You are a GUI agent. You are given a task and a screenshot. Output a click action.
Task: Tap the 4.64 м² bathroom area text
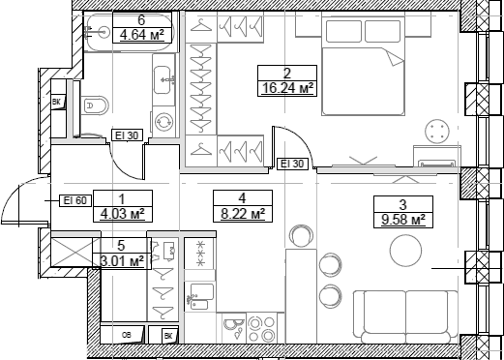point(142,37)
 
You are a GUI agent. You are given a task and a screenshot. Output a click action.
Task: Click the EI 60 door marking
point(75,200)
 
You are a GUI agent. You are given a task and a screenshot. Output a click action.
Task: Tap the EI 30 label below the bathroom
point(128,135)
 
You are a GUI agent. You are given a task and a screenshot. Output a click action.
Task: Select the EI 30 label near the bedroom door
point(292,164)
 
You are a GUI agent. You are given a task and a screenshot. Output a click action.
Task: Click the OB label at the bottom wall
point(128,335)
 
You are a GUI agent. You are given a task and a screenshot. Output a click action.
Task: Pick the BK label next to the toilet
point(56,101)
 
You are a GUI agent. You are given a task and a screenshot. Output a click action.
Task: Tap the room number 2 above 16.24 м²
point(286,72)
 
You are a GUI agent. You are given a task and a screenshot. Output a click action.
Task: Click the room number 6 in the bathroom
point(114,19)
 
